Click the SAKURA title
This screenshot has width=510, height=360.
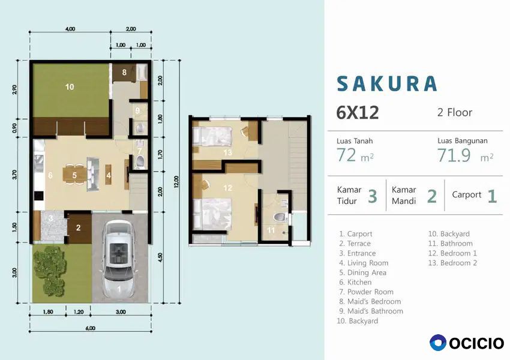[x=387, y=83]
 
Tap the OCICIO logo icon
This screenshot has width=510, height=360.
[x=438, y=343]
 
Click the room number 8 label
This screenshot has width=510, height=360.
[x=124, y=72]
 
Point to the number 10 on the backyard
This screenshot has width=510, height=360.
[x=70, y=87]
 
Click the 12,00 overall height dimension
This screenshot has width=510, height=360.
[x=176, y=182]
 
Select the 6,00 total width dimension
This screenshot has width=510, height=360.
[x=91, y=328]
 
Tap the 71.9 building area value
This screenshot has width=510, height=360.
[x=454, y=155]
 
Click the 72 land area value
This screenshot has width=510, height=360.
[x=346, y=155]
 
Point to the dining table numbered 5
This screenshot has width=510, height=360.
[x=74, y=176]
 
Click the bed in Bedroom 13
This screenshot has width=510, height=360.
[x=212, y=137]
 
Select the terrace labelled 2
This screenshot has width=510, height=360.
[x=79, y=228]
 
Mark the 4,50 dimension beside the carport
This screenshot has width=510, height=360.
[x=160, y=257]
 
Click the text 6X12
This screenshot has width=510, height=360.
[x=358, y=113]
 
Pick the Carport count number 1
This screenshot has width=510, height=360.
[x=492, y=196]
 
